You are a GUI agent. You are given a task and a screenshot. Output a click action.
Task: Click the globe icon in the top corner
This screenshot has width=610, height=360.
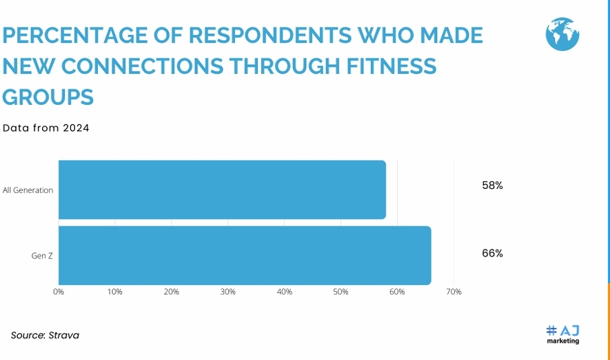coord(562,34)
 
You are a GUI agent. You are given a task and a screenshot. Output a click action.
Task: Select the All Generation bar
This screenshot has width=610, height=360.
coord(222,190)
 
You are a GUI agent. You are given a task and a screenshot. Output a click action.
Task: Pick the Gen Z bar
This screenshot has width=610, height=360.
coord(245,255)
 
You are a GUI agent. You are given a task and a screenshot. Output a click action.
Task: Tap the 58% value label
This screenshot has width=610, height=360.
coord(492,186)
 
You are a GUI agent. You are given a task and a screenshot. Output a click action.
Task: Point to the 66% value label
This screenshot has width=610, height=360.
coord(492,253)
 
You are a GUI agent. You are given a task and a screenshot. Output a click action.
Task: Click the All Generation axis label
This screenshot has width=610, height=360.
coord(28,190)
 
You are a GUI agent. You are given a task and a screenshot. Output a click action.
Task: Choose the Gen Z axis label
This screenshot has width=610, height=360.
coord(42,256)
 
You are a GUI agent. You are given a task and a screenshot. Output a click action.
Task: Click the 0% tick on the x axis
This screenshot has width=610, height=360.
coord(59,292)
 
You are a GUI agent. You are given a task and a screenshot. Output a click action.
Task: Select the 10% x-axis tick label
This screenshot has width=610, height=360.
coord(115,292)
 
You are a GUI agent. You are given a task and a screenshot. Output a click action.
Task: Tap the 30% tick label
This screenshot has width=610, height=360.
coord(228,292)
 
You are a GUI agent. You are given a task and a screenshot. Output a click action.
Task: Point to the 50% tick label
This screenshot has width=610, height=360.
coord(340,292)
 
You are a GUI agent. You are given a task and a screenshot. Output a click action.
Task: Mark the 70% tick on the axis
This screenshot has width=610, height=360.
coord(454,292)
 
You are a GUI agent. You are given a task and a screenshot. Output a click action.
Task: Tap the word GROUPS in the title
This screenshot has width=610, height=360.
coord(48,97)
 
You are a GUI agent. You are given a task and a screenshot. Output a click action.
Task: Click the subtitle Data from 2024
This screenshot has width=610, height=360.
coord(46,128)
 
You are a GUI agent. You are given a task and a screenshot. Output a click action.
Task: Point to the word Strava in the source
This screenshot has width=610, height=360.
coord(64,336)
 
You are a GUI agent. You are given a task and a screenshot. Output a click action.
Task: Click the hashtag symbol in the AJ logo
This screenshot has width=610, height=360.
coord(551,330)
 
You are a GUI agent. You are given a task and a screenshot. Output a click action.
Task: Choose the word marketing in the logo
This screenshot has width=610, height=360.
coord(563,341)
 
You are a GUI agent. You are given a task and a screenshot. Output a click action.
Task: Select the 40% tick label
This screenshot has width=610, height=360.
coord(284,292)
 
